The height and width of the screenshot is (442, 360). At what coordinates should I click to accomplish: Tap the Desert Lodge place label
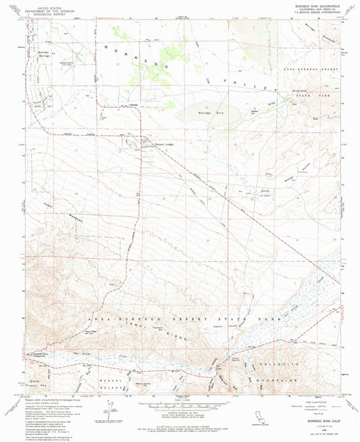click(x=166, y=145)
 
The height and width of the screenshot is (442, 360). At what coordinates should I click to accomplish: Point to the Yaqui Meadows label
click(x=74, y=215)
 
